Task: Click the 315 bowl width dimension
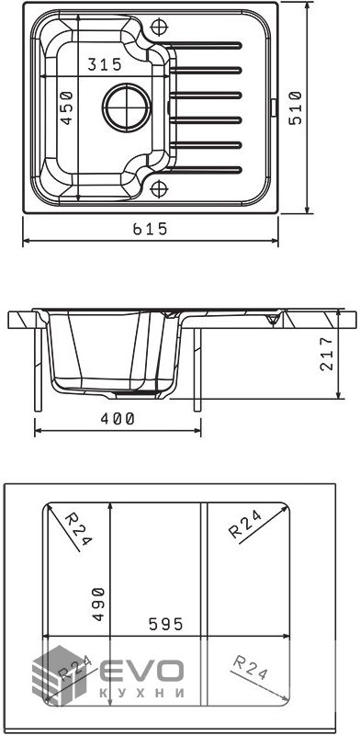click(x=105, y=63)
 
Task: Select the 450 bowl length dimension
click(x=68, y=107)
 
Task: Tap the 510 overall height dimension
click(x=296, y=107)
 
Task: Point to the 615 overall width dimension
click(x=150, y=229)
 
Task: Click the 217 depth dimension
click(x=327, y=354)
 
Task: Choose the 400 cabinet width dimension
click(x=118, y=419)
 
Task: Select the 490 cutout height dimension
click(x=97, y=604)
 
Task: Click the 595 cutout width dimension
click(x=165, y=624)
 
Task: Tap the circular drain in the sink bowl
click(x=127, y=107)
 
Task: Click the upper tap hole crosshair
click(x=159, y=26)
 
